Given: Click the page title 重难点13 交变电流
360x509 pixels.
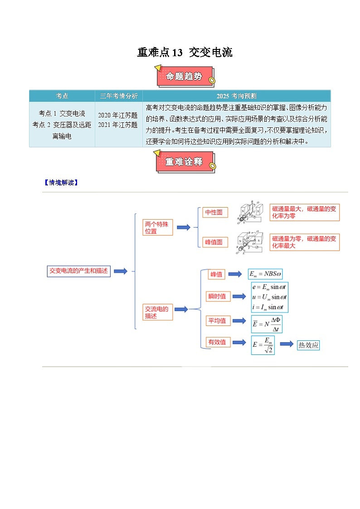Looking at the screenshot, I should coord(185,53).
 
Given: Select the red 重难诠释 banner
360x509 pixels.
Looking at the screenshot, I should coord(185,162).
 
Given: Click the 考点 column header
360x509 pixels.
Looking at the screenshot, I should coord(62,96).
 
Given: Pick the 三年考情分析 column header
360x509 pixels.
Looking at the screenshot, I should coord(119,96).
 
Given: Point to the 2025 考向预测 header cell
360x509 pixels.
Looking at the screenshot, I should coord(236,96).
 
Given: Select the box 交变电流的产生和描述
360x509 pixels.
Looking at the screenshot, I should coord(79,271).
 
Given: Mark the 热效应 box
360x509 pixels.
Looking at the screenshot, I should coord(308,345).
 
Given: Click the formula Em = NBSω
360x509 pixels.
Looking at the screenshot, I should coord(266,274).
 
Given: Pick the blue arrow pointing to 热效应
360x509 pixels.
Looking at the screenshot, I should coord(287,344).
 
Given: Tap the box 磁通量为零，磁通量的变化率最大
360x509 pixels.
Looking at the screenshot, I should coord(304,242).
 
